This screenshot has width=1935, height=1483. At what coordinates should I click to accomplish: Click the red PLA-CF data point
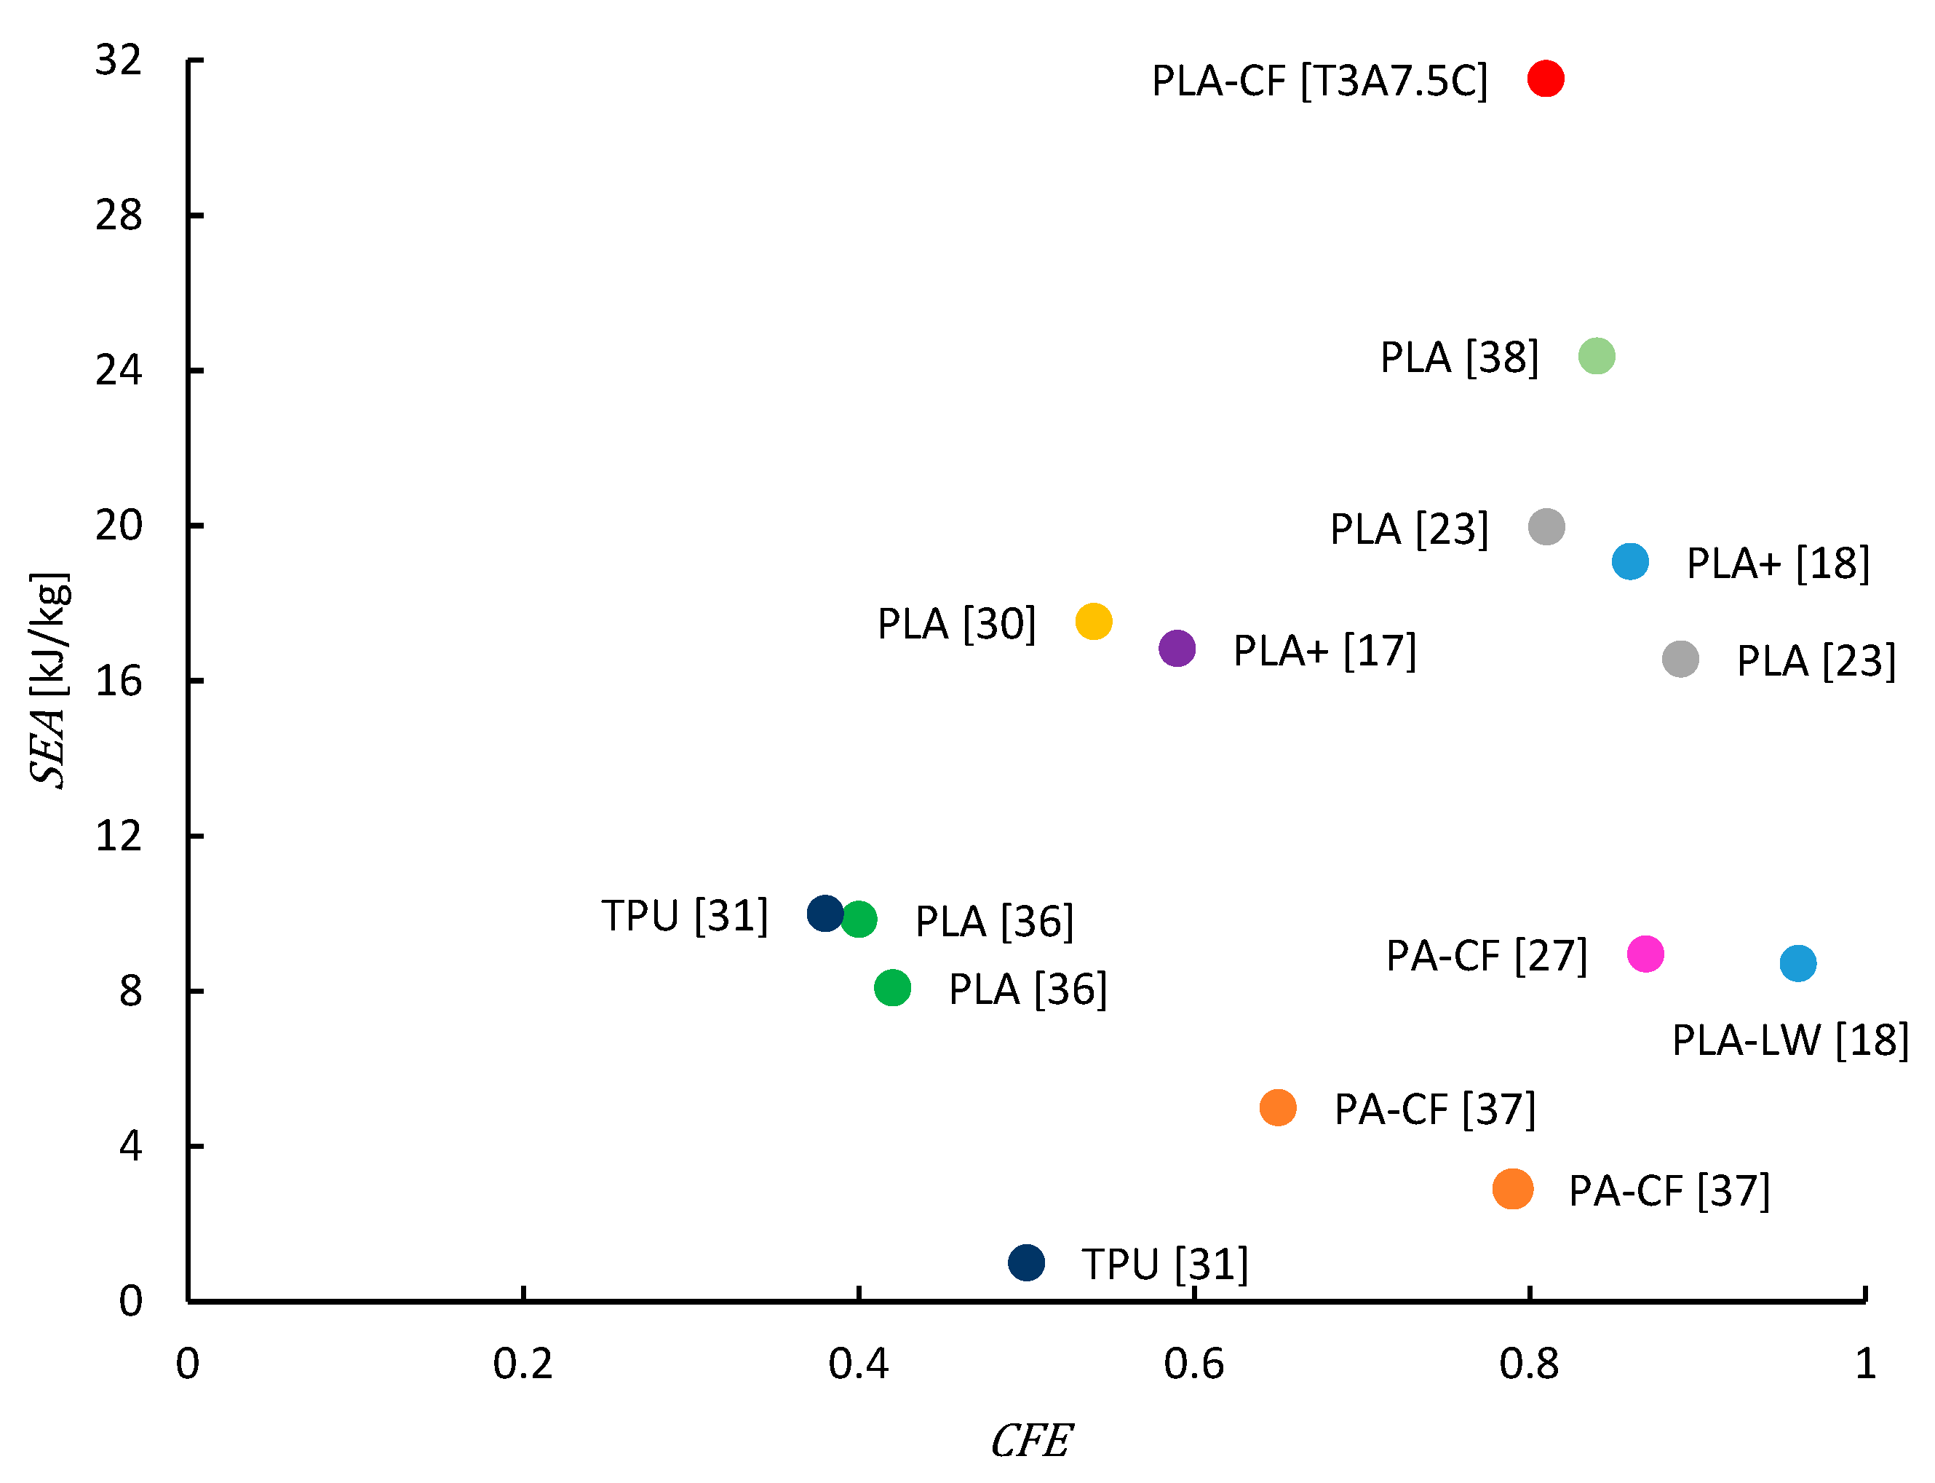[1545, 79]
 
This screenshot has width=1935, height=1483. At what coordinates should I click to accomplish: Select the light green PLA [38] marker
[1595, 356]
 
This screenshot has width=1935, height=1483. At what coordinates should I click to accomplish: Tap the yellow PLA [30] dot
[1093, 622]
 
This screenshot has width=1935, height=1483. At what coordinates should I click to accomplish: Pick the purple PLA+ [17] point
[1176, 649]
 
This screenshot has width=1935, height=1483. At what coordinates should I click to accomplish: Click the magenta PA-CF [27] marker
[1645, 954]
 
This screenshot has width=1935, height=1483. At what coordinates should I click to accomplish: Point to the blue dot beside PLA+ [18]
[1629, 561]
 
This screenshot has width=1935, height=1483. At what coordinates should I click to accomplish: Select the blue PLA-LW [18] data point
[1797, 963]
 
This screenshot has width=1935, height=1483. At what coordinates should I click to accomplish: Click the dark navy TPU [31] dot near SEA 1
[1026, 1262]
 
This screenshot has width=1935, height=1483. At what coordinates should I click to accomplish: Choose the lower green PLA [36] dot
[892, 987]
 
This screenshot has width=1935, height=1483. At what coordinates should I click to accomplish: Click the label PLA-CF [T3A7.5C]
[1319, 82]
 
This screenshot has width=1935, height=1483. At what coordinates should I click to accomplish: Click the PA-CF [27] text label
[1486, 956]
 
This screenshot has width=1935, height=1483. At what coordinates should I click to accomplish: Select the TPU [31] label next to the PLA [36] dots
[685, 915]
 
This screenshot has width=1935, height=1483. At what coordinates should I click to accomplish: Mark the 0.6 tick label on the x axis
[1193, 1364]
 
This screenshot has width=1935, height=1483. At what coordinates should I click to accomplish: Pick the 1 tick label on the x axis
[1864, 1364]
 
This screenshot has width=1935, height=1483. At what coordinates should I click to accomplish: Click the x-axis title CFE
[1030, 1442]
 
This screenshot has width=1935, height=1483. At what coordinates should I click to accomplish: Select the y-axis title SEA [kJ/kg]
[49, 680]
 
